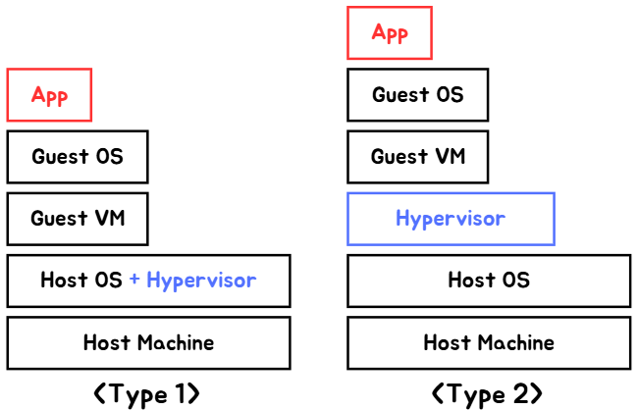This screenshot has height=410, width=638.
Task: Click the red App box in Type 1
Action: (49, 95)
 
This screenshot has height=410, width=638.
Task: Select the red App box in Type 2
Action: (390, 33)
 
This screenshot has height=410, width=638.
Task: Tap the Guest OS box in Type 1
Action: (78, 157)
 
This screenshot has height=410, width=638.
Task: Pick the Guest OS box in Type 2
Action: (417, 95)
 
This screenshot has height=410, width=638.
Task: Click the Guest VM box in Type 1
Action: (78, 219)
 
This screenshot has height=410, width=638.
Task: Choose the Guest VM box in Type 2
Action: (417, 157)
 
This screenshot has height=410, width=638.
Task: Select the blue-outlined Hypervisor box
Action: (451, 219)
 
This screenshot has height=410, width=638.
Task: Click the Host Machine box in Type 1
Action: (148, 343)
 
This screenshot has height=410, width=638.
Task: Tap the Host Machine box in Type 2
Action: (489, 343)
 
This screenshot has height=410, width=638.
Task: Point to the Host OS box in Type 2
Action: (489, 281)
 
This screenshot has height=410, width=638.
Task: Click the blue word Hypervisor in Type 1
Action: (201, 281)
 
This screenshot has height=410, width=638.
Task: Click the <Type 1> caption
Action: (147, 394)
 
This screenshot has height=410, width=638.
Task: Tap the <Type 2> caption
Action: (487, 394)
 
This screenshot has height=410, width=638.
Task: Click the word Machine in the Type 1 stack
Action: (175, 343)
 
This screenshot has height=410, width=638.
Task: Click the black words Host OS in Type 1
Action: (81, 281)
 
